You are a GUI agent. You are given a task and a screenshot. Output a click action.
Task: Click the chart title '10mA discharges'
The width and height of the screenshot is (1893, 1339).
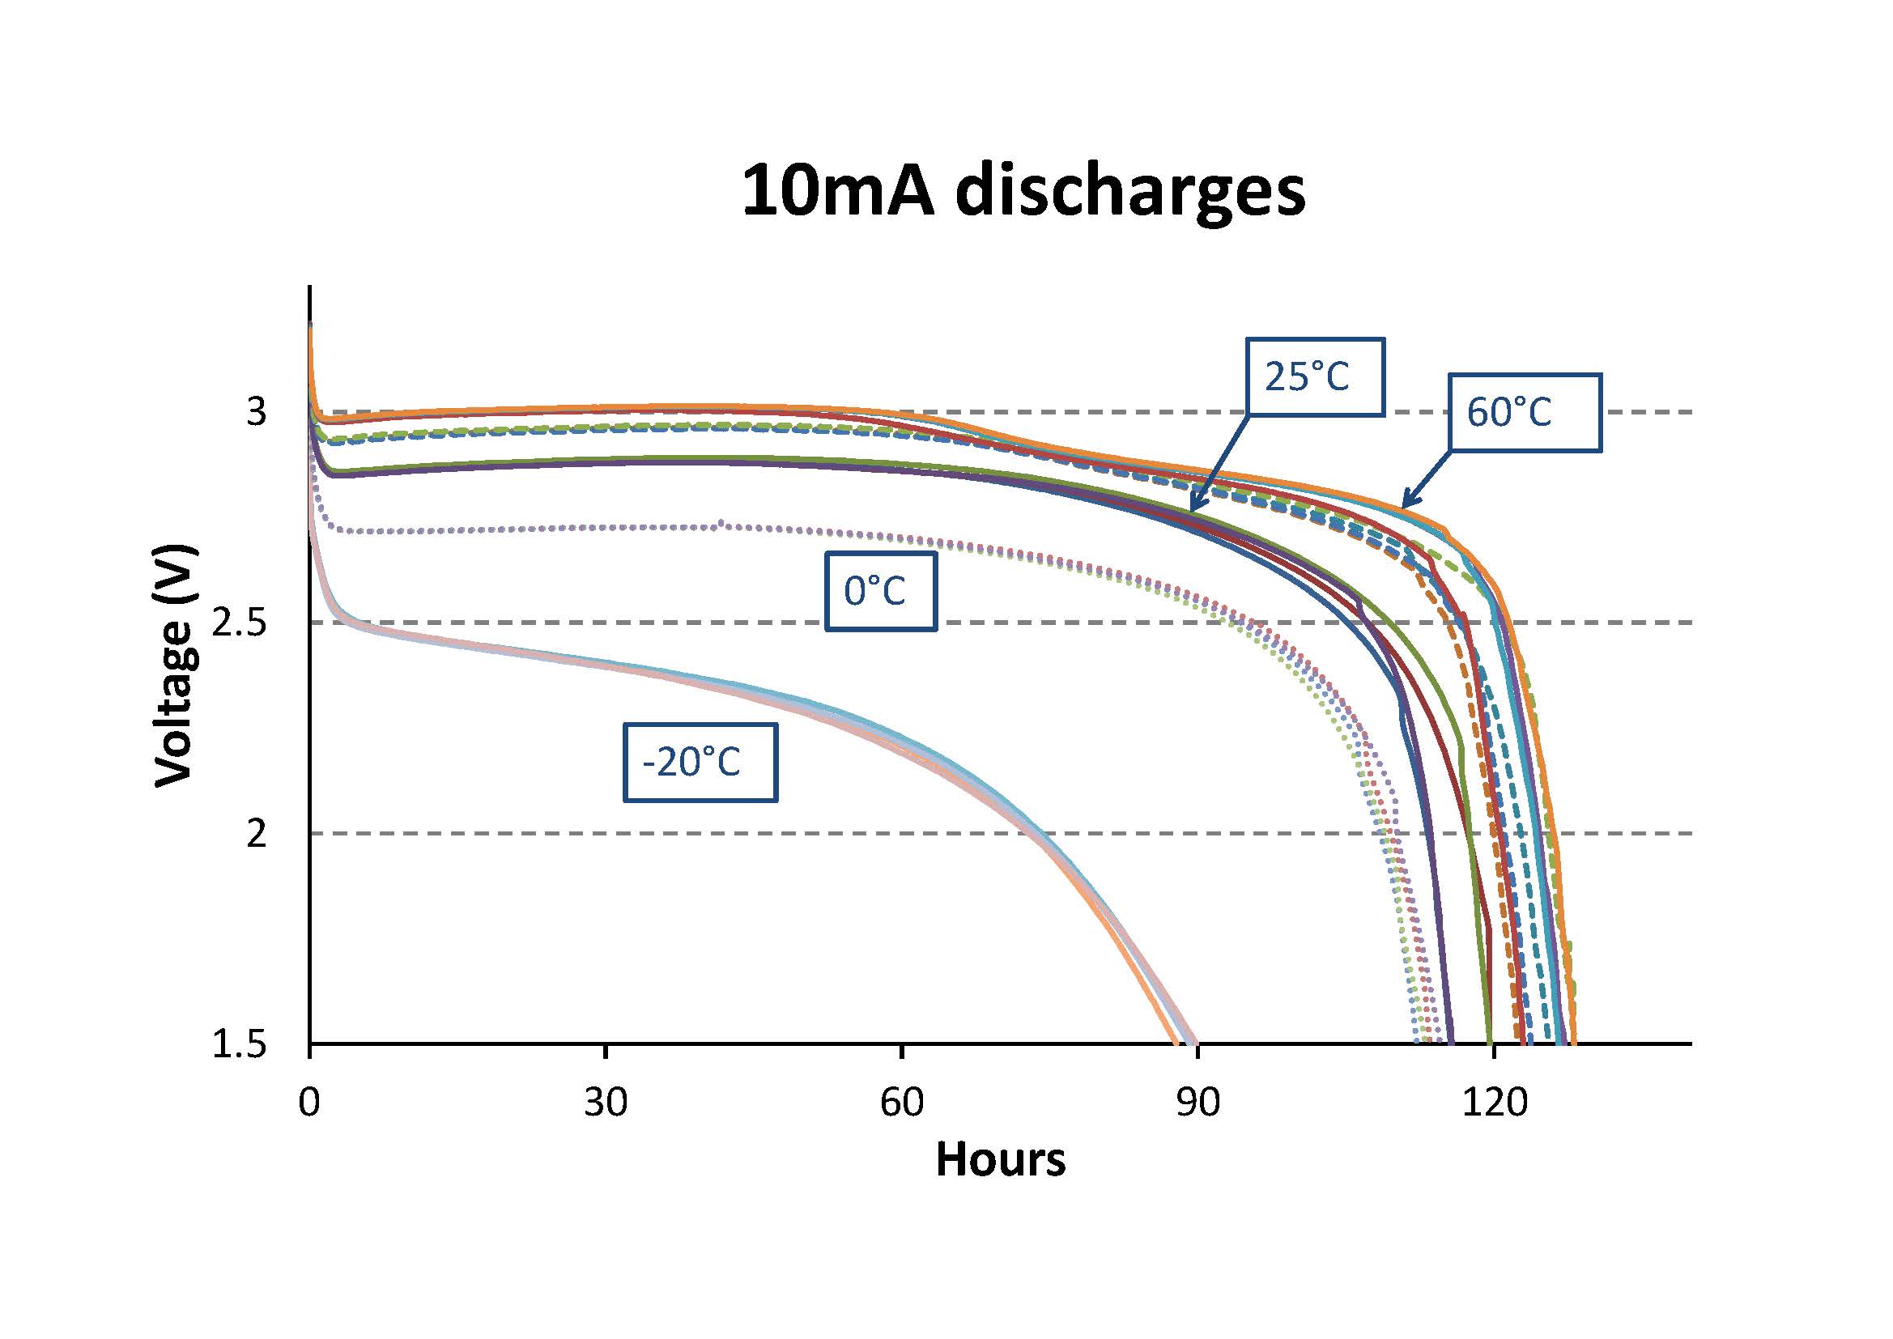pos(1023,192)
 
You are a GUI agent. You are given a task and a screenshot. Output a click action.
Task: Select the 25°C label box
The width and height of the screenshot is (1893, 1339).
pos(1313,376)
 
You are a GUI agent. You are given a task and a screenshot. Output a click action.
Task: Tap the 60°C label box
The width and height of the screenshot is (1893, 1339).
pos(1525,412)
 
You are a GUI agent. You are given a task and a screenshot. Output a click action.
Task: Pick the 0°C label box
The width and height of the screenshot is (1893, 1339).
pos(881,591)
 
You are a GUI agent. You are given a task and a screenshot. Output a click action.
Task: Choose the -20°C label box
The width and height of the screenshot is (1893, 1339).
pos(700,762)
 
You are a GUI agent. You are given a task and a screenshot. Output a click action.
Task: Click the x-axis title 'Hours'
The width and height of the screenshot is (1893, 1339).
pos(1000,1158)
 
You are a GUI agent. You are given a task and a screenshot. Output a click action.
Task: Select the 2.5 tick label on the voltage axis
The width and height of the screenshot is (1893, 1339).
pos(240,623)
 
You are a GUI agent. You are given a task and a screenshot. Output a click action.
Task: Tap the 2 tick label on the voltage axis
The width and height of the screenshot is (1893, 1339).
pos(257,834)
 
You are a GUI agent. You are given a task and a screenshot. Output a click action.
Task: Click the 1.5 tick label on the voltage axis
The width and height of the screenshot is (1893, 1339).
pos(240,1044)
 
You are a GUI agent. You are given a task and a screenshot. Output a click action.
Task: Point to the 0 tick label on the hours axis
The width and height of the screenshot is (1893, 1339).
pos(309,1102)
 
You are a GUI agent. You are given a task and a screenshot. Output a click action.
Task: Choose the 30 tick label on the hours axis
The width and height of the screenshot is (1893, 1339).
pos(605,1102)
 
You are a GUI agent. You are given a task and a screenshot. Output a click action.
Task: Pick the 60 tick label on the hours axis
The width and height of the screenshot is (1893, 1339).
pos(901,1102)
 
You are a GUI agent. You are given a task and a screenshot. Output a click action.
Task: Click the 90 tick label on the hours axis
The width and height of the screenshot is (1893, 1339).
pos(1197,1102)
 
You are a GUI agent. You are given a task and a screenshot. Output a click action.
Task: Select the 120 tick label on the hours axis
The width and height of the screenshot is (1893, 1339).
pos(1493,1102)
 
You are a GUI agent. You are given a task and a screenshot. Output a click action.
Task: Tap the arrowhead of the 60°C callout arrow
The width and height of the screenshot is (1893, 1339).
pos(1405,504)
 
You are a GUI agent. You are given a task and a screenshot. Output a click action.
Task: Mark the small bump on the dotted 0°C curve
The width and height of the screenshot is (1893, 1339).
pos(721,523)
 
